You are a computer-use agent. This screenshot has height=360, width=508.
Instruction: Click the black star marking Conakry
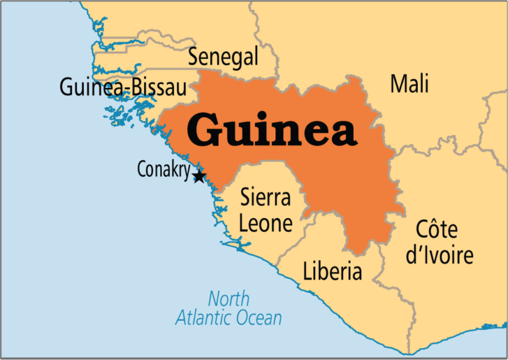(199, 176)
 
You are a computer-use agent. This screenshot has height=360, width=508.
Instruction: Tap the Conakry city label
(163, 171)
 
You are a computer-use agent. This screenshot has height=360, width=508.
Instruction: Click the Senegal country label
(223, 58)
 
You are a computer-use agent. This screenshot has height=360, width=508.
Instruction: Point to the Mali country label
(409, 83)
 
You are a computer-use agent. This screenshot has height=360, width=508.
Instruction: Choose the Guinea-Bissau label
(123, 88)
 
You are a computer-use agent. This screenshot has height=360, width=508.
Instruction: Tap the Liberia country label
(332, 272)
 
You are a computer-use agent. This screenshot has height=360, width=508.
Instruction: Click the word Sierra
(265, 198)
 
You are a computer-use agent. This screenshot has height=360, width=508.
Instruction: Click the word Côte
(437, 230)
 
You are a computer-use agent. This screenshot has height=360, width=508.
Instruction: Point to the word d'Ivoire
(440, 256)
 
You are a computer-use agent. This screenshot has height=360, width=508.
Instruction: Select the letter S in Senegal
(193, 58)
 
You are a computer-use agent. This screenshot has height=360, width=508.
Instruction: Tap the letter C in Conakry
(141, 171)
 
